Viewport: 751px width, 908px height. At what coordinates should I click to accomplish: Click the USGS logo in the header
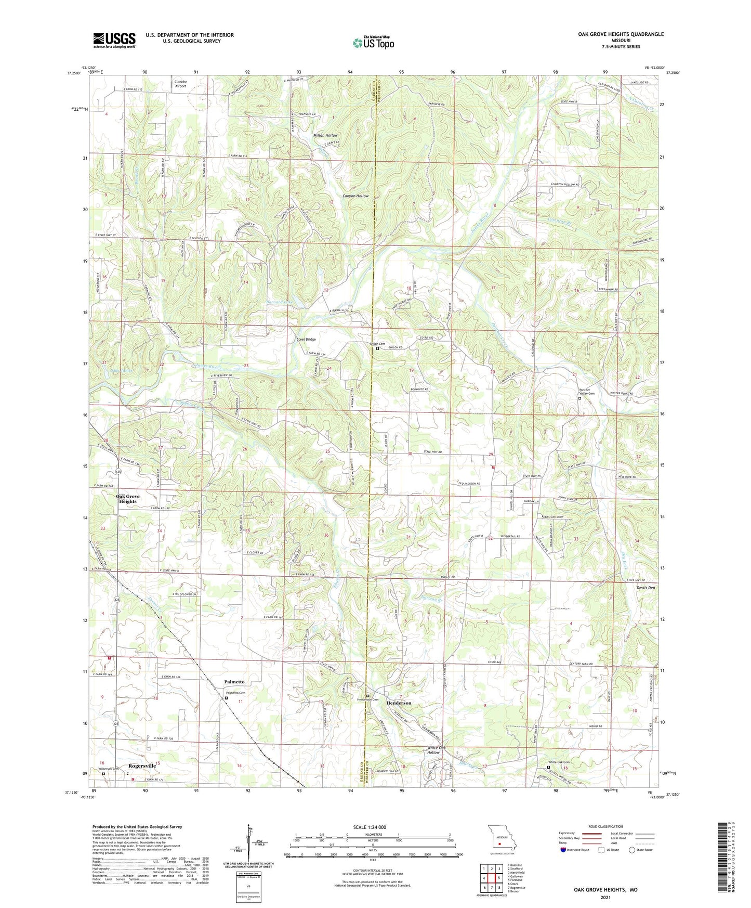114,40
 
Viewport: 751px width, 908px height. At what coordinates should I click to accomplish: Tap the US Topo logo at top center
373,43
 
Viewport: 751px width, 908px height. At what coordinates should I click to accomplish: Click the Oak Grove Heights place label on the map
128,499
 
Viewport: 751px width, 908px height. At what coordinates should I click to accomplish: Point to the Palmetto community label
234,682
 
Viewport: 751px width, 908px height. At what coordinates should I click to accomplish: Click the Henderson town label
399,703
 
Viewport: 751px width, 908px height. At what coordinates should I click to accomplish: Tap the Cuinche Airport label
180,84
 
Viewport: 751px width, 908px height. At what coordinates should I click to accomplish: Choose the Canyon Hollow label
355,196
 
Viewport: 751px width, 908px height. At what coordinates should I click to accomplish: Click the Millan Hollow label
325,135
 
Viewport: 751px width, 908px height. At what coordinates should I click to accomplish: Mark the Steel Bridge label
306,340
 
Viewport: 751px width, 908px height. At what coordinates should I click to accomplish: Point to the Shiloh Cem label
377,344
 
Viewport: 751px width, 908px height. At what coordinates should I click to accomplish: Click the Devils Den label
645,588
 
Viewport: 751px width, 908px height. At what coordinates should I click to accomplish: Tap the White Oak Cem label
559,762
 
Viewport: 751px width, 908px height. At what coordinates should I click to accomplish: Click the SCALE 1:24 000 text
370,827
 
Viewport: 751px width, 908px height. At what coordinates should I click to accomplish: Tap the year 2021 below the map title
605,897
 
